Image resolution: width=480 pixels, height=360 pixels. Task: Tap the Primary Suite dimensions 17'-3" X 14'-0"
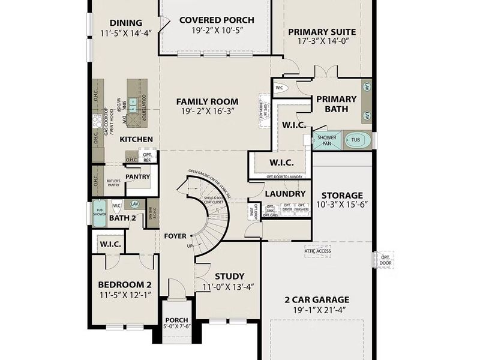(x=322, y=43)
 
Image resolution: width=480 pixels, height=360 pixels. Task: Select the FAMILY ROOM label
(x=207, y=101)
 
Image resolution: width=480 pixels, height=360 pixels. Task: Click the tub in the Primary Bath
(x=356, y=140)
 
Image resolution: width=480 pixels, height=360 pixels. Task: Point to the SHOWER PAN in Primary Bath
(x=326, y=140)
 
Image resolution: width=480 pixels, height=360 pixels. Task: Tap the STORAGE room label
(x=341, y=195)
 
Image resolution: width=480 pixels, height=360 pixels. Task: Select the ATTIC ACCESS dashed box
(x=317, y=251)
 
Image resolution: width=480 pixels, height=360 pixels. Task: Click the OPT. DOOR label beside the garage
(x=385, y=260)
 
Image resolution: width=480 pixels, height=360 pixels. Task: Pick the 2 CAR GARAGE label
(x=317, y=299)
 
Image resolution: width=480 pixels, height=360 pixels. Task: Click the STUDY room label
(x=228, y=276)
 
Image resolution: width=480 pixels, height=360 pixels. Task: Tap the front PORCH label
(x=176, y=320)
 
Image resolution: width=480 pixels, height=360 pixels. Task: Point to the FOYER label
(x=175, y=236)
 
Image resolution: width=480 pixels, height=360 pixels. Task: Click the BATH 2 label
(x=122, y=218)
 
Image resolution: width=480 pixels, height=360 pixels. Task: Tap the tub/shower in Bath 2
(x=99, y=213)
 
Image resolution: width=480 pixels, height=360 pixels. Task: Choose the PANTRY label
(x=137, y=176)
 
